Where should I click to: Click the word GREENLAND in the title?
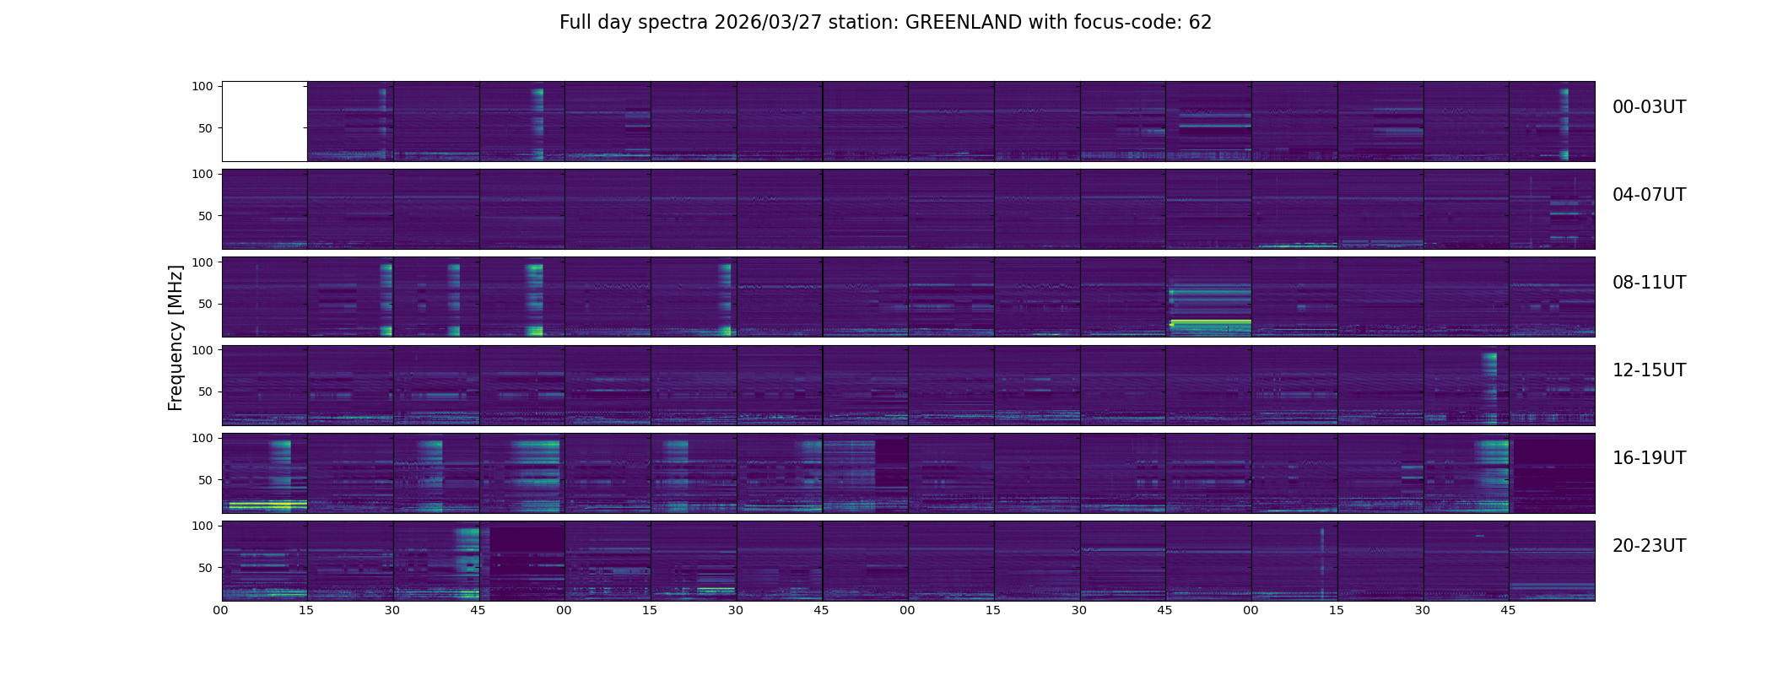click(x=964, y=23)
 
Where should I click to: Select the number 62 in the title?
click(x=1200, y=23)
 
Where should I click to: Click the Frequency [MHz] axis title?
click(x=176, y=338)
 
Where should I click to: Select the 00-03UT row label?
click(x=1649, y=107)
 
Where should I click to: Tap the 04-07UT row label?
click(x=1649, y=195)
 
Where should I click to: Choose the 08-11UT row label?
click(x=1649, y=283)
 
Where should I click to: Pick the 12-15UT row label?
click(x=1649, y=370)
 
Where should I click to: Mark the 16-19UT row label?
click(x=1649, y=458)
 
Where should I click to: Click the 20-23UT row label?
click(x=1649, y=546)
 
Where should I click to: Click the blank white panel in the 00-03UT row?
click(x=264, y=121)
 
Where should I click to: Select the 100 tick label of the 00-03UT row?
click(x=203, y=86)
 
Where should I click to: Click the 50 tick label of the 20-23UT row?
click(x=206, y=568)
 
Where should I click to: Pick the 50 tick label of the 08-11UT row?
click(x=206, y=304)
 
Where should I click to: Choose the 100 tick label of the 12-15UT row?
click(x=203, y=349)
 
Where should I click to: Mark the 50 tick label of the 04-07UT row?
click(x=206, y=216)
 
